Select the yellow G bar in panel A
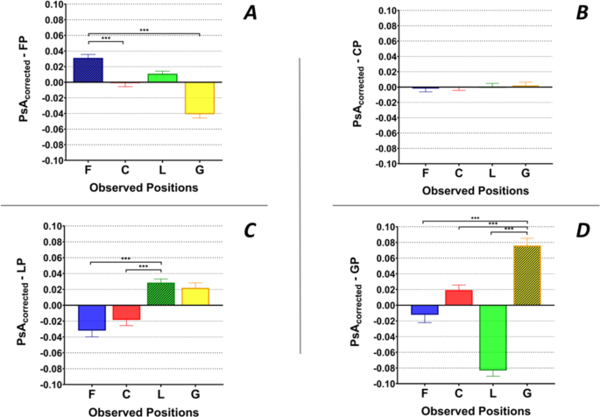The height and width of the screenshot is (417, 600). click(201, 98)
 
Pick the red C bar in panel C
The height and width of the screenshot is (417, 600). click(126, 313)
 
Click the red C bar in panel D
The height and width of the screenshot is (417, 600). click(459, 298)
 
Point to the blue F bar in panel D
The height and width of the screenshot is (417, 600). click(426, 310)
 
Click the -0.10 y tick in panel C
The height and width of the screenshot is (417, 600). click(50, 385)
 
